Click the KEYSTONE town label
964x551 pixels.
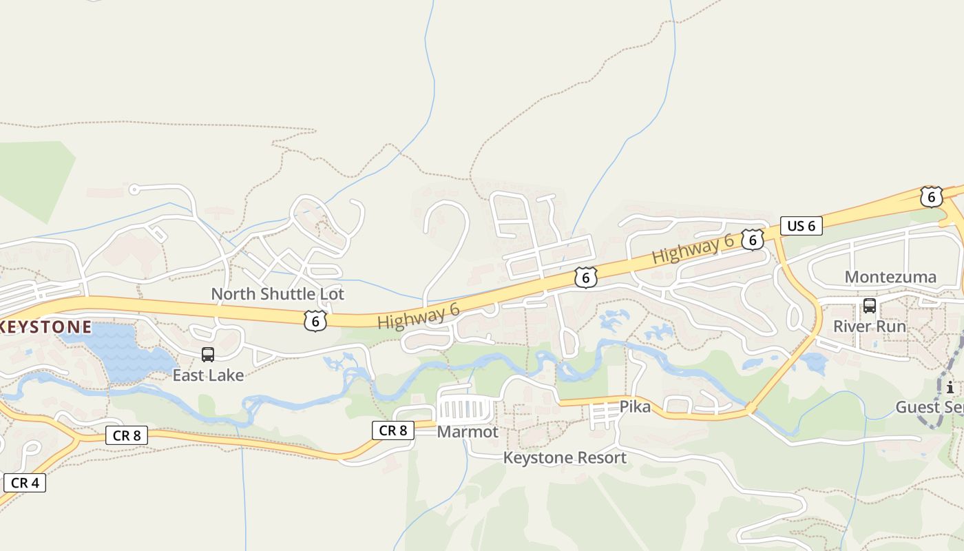tap(45, 326)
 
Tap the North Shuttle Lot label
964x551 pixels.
tap(277, 294)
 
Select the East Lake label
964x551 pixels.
tap(208, 375)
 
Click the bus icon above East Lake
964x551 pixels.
tap(207, 355)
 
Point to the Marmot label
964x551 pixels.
tap(468, 432)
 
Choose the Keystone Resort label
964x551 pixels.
tap(565, 457)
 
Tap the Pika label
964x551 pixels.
tap(635, 407)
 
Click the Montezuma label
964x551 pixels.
tap(890, 277)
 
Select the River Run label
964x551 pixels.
tap(870, 326)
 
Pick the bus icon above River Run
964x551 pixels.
tap(870, 306)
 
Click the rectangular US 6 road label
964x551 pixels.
tap(801, 226)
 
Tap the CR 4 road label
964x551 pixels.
tap(24, 483)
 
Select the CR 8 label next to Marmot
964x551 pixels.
tap(393, 430)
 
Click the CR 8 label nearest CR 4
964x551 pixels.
tap(127, 435)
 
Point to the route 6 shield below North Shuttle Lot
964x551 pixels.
tap(315, 320)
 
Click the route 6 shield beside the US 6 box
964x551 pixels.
tap(753, 239)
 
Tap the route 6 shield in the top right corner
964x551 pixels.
tap(931, 197)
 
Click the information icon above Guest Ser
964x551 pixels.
tap(950, 387)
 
